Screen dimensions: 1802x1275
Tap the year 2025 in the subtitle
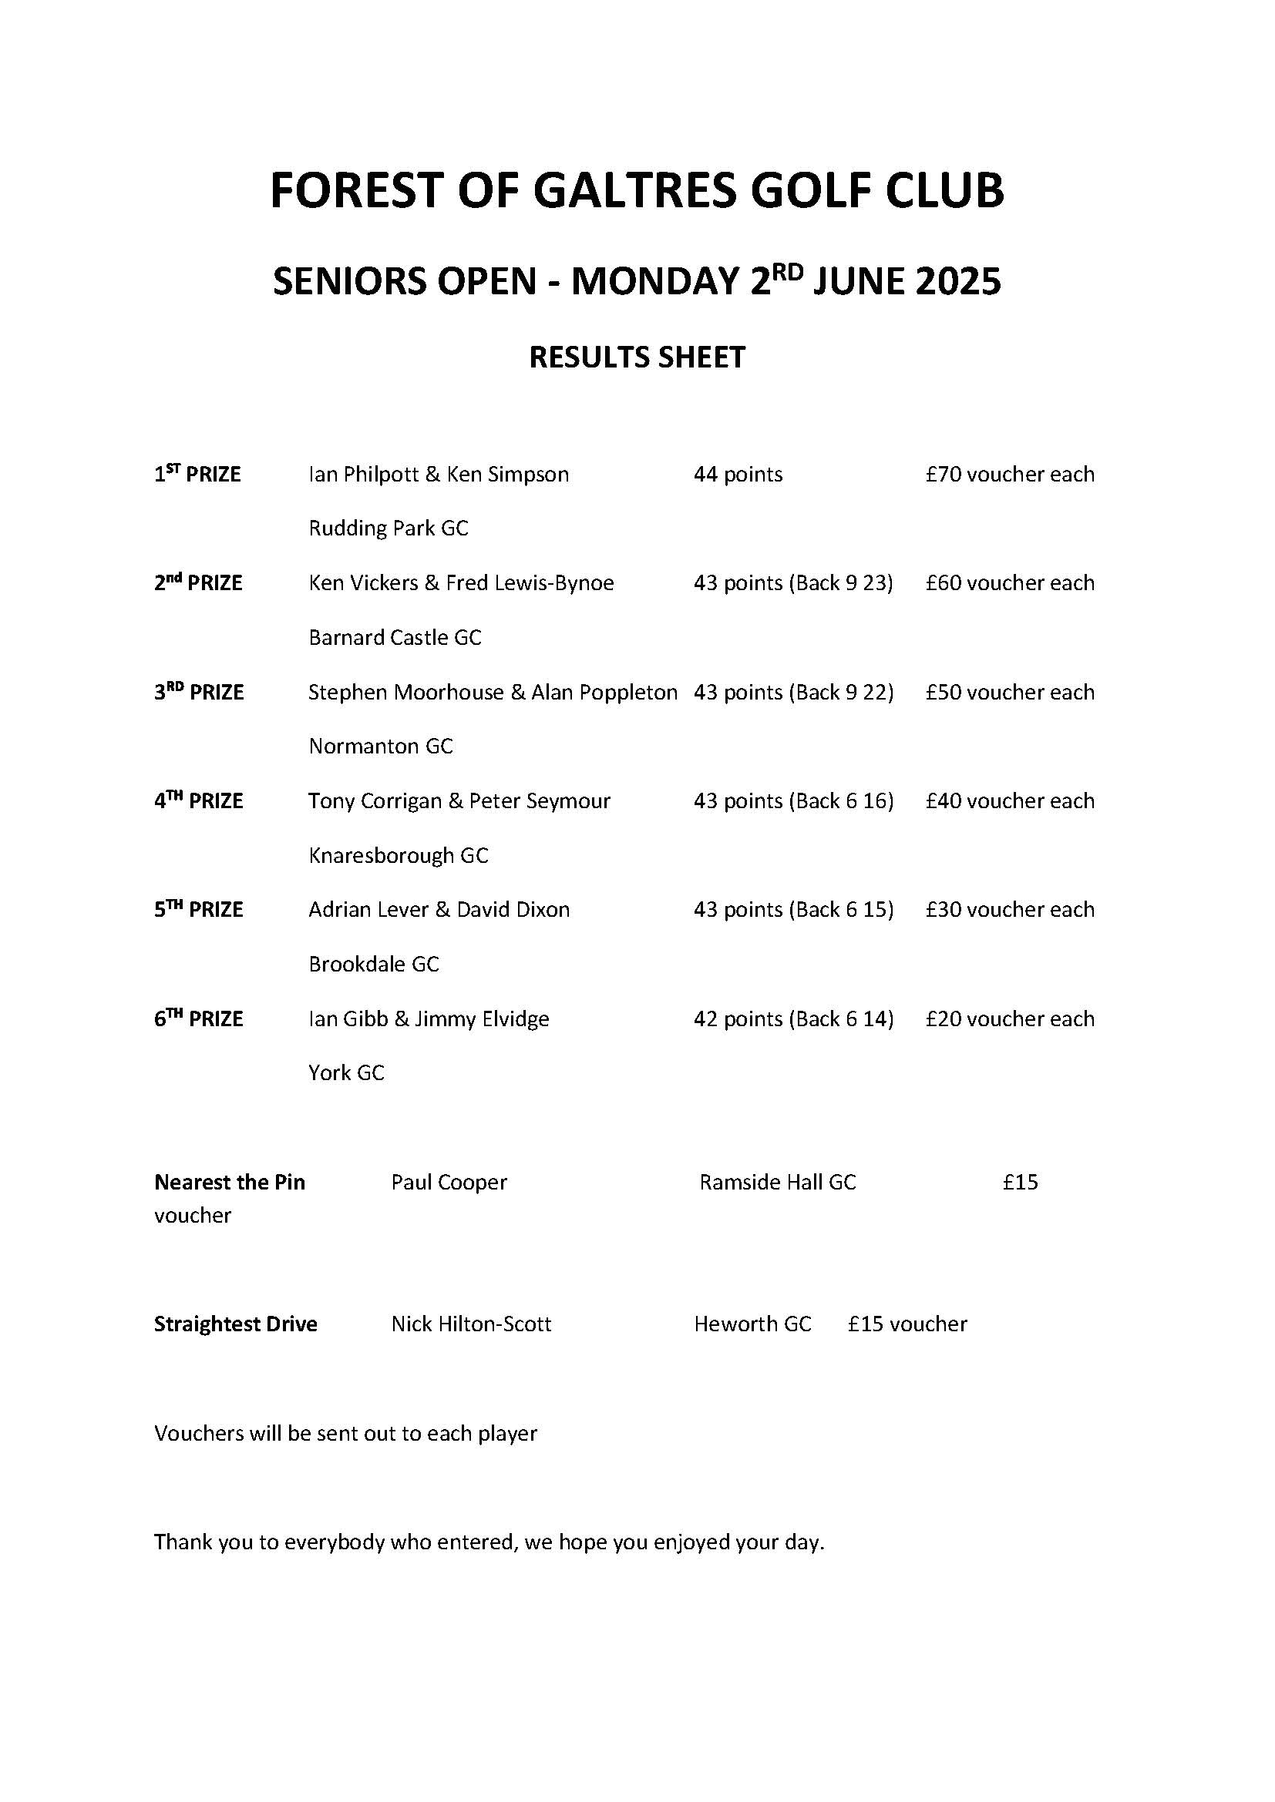957,282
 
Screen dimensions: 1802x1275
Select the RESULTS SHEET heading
637,358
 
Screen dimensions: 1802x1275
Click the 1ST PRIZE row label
197,475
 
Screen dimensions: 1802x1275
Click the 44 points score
738,475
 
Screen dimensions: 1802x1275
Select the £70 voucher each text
1010,475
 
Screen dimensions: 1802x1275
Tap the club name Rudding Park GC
389,529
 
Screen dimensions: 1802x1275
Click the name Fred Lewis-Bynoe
530,583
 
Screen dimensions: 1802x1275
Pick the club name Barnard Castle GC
395,637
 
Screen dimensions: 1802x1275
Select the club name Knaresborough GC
398,855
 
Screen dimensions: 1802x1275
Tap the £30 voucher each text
1010,910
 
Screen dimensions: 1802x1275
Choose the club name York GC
346,1073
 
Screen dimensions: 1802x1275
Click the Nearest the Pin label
229,1182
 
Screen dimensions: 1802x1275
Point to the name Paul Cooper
449,1182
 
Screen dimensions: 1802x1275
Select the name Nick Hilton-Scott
471,1324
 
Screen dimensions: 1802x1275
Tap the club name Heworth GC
752,1324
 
